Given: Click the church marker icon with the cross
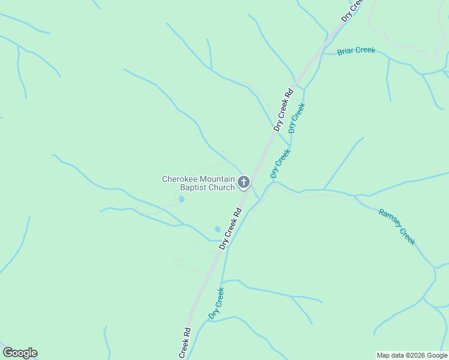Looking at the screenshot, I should [x=244, y=182].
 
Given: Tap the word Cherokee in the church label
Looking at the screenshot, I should [x=179, y=179].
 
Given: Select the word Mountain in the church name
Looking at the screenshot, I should [x=217, y=179].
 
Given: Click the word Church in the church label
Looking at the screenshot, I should [x=221, y=188].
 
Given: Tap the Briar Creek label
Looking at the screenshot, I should [x=356, y=51].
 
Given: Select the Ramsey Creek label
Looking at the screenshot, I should [x=397, y=226].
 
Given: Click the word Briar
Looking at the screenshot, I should [x=346, y=52].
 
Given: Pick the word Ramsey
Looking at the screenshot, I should [x=390, y=220].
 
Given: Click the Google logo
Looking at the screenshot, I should [x=20, y=353].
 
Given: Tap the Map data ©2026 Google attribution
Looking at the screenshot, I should [x=412, y=355].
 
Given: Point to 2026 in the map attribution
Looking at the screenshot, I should [x=418, y=355].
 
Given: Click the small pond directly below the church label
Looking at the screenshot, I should [x=182, y=199].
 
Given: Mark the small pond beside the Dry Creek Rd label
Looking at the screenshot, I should [x=217, y=229].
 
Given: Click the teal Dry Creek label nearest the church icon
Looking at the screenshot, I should [x=280, y=163].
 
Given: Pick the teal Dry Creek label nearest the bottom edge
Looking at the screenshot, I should [x=216, y=303].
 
